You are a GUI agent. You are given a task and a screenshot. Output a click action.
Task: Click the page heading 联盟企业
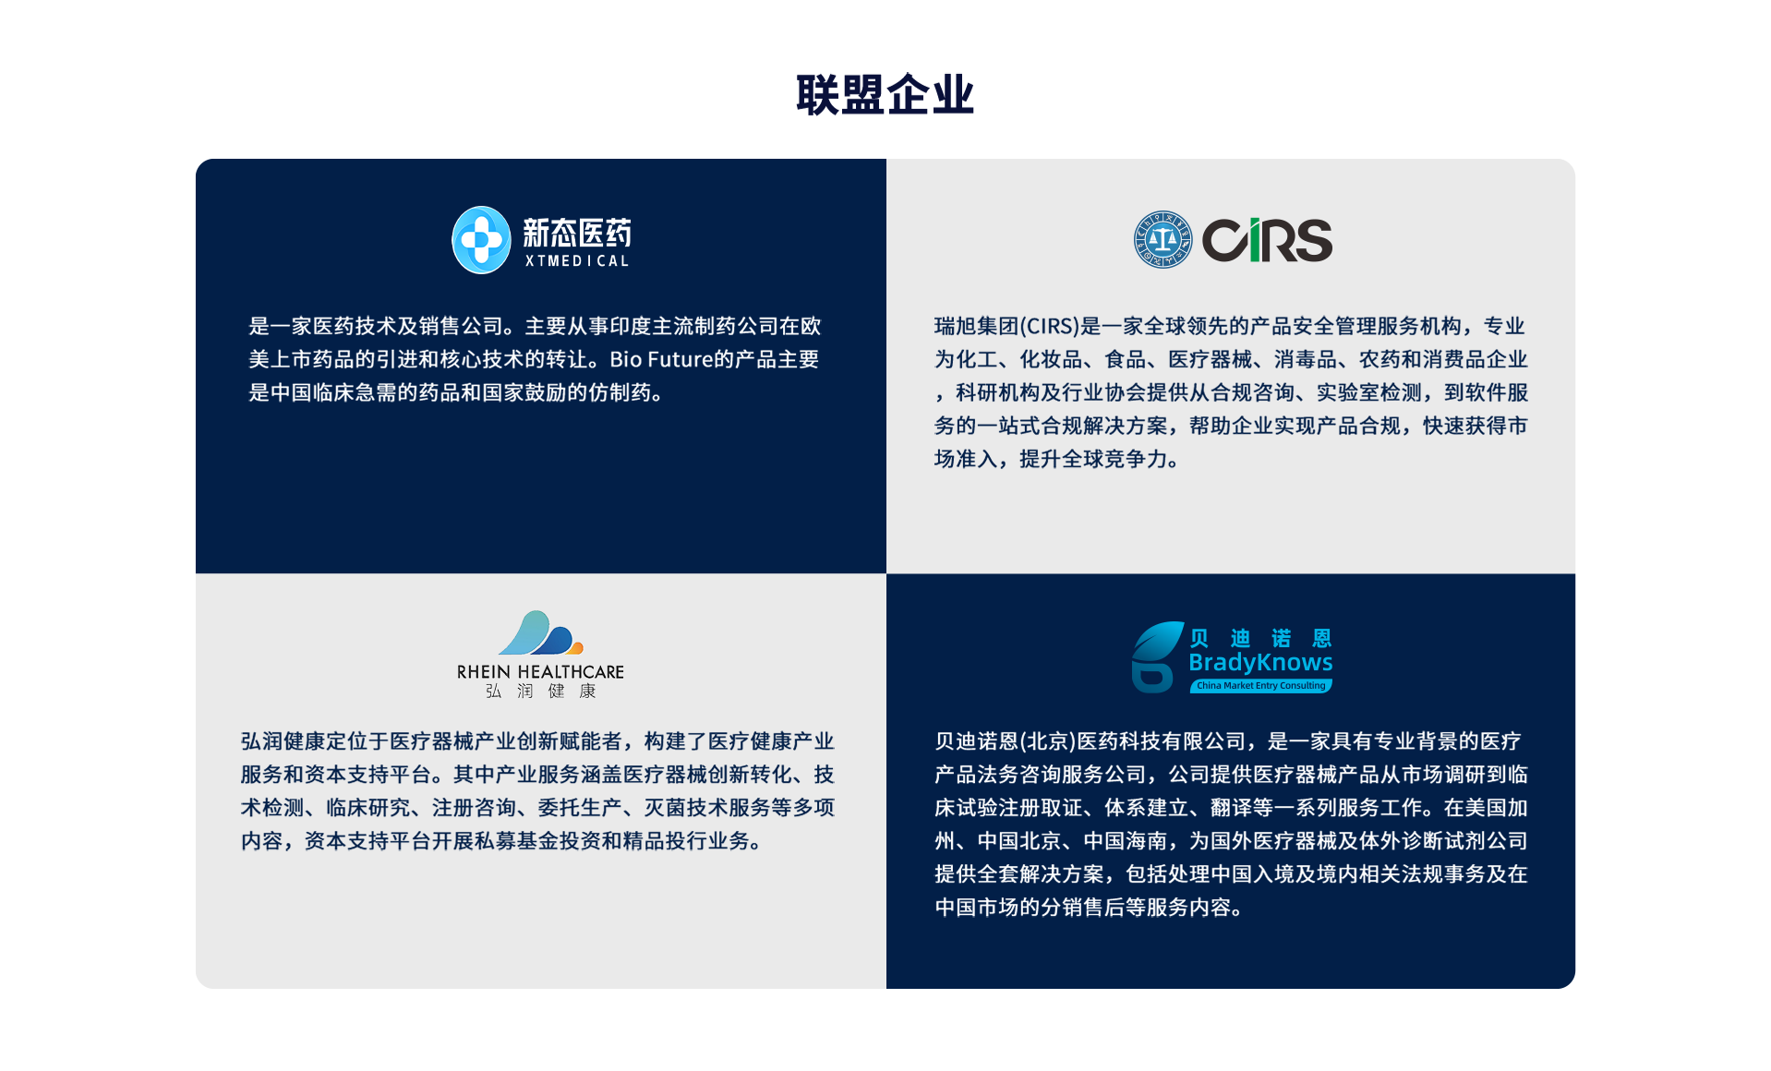pos(885,95)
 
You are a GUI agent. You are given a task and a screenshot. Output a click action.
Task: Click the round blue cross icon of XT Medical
pos(481,240)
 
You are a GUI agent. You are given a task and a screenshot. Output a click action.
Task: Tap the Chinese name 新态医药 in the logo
pos(577,233)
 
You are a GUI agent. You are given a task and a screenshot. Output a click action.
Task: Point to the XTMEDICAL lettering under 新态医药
pos(577,261)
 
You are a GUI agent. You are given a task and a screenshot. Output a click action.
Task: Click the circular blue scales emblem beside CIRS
pos(1163,240)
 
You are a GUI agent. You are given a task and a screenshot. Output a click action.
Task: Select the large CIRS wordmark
pos(1267,240)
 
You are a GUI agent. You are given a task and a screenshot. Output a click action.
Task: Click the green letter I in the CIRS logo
pos(1255,240)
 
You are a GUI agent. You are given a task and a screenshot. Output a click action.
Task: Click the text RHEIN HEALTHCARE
pos(540,672)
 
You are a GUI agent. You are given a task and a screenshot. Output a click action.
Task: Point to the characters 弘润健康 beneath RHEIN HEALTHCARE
pos(541,692)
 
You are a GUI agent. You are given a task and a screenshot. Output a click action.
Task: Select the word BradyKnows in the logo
pos(1260,662)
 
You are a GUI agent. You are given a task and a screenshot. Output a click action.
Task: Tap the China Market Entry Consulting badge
pos(1261,686)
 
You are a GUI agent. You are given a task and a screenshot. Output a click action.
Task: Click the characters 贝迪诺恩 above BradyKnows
pos(1260,638)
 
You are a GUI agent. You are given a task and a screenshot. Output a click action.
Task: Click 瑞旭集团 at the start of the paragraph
pos(976,326)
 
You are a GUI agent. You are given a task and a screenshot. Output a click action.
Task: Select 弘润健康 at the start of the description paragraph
pos(283,741)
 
